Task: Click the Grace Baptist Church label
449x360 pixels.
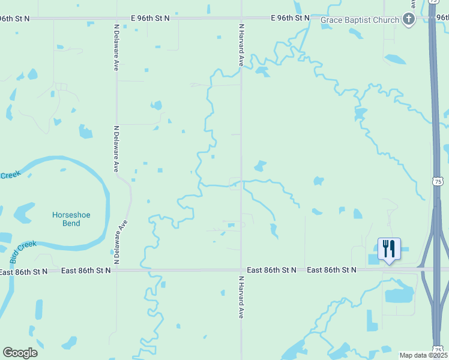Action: pos(360,20)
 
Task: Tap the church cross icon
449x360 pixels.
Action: pos(409,19)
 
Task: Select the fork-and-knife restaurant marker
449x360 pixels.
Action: pos(388,248)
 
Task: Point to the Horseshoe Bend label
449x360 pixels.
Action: pos(74,219)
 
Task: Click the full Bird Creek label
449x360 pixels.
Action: pos(23,252)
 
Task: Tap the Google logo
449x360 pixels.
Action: pos(20,352)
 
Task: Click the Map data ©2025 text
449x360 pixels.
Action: pos(423,355)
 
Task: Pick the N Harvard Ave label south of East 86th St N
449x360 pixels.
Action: pos(241,297)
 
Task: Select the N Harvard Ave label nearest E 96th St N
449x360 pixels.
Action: pos(241,45)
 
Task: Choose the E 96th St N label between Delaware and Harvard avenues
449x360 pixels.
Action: pos(150,19)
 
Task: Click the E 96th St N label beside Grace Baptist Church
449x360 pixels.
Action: pos(290,18)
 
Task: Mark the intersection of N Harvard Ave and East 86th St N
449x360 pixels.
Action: pos(241,271)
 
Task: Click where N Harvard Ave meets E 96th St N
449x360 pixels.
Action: pos(241,19)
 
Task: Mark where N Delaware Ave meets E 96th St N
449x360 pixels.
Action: pos(116,19)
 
